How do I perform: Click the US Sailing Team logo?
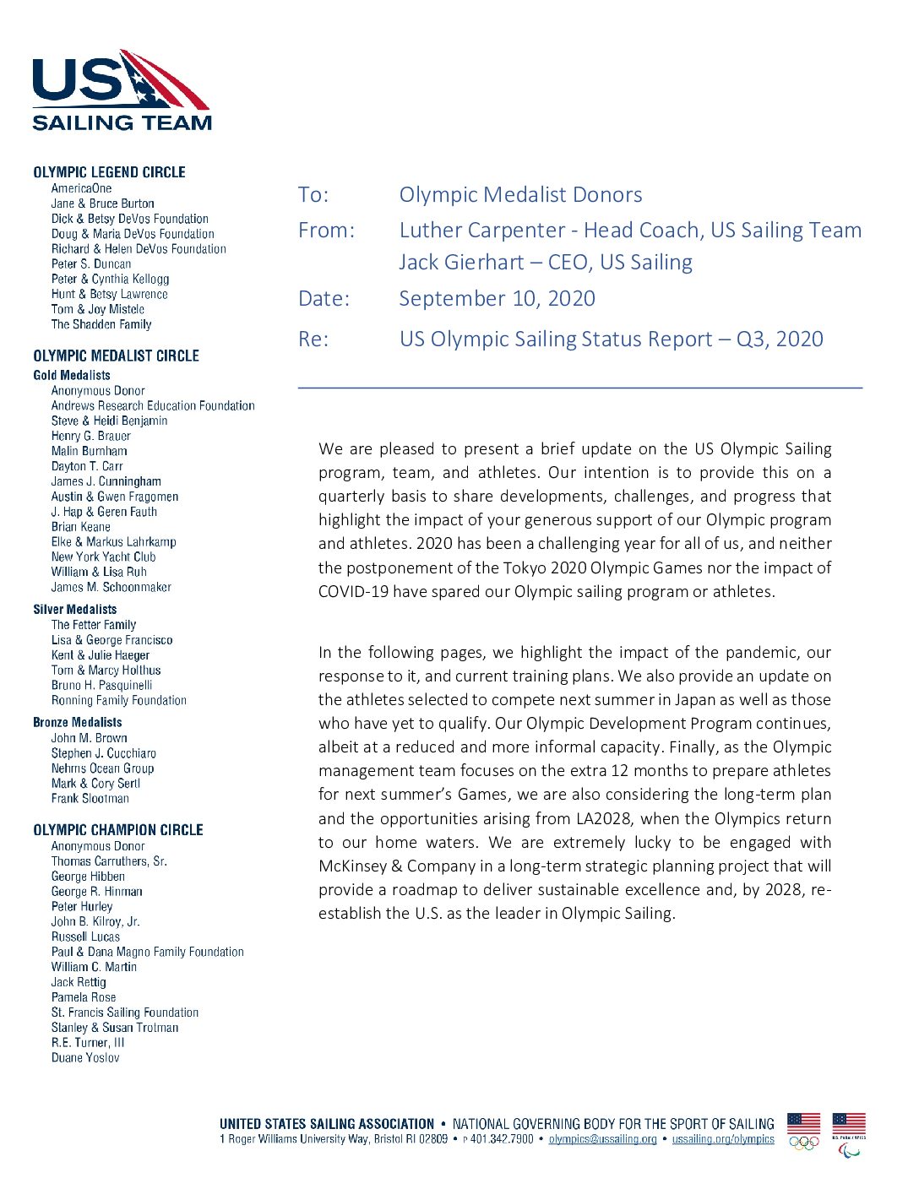pos(122,90)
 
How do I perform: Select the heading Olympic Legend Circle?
pos(109,172)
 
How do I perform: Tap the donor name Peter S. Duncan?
pos(91,264)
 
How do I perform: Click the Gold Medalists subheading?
pos(72,375)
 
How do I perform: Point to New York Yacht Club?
pos(103,557)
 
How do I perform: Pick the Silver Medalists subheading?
pos(75,609)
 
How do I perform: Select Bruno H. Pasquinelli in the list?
pos(101,686)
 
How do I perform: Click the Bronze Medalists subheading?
pos(78,722)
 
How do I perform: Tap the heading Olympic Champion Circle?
pos(118,830)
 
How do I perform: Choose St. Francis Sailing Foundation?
pos(125,1013)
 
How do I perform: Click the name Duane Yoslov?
pos(85,1058)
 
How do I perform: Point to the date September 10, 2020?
pos(497,299)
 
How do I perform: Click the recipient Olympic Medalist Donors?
pos(520,195)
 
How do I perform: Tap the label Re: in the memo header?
pos(313,339)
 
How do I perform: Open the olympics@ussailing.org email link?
pos(602,1139)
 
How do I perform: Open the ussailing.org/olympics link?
pos(723,1139)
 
